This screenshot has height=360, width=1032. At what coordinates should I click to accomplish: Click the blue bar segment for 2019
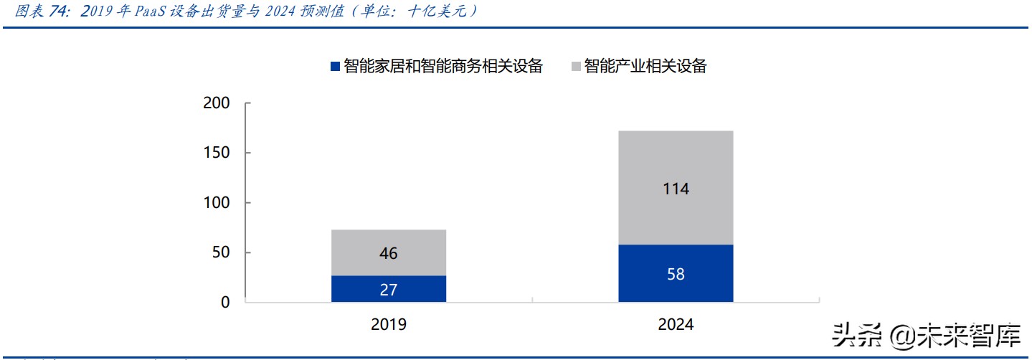[x=359, y=289]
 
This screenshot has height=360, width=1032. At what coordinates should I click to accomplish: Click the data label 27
[x=389, y=290]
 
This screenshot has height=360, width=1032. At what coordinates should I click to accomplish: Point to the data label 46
[x=389, y=253]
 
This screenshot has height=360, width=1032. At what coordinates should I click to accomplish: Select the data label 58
[x=676, y=274]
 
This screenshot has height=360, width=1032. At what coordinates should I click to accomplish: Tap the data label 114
[x=676, y=189]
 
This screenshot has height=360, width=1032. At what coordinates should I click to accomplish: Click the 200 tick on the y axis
[x=217, y=103]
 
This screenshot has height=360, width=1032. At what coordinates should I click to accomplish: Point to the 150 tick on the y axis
[x=217, y=153]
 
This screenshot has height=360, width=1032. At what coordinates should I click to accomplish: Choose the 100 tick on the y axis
[x=217, y=203]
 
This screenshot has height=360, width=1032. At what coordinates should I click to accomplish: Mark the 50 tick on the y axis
[x=221, y=252]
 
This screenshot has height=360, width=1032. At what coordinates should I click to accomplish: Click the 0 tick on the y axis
[x=225, y=303]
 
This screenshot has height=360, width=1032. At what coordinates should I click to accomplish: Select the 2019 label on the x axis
[x=389, y=325]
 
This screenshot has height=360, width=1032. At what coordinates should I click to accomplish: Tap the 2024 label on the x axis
[x=676, y=325]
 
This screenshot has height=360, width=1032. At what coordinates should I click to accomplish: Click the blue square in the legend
[x=335, y=67]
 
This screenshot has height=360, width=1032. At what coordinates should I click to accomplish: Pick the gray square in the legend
[x=576, y=67]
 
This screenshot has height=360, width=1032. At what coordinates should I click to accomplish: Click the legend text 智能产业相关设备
[x=645, y=67]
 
